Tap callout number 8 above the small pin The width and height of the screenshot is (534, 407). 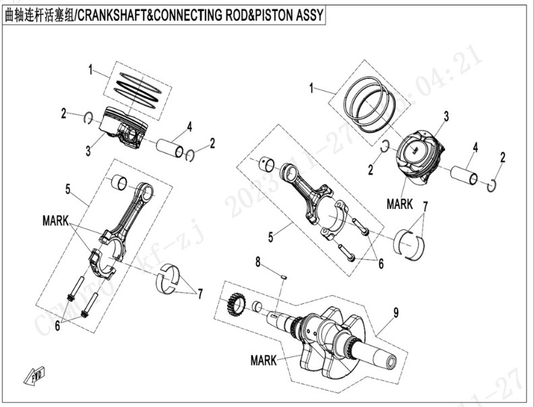pyautogui.click(x=258, y=261)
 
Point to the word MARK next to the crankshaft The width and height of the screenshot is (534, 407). pyautogui.click(x=263, y=361)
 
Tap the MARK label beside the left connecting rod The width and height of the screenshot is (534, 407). pyautogui.click(x=55, y=220)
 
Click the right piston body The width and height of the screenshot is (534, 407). pyautogui.click(x=419, y=159)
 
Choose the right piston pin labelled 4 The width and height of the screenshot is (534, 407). pyautogui.click(x=465, y=175)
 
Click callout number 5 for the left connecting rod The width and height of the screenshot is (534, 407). pyautogui.click(x=67, y=189)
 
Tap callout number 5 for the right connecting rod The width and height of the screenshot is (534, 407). pyautogui.click(x=270, y=237)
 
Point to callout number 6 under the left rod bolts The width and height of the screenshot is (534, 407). pyautogui.click(x=58, y=325)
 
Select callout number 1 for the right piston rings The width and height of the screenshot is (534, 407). pyautogui.click(x=311, y=88)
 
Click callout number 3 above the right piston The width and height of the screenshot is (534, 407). pyautogui.click(x=446, y=117)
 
